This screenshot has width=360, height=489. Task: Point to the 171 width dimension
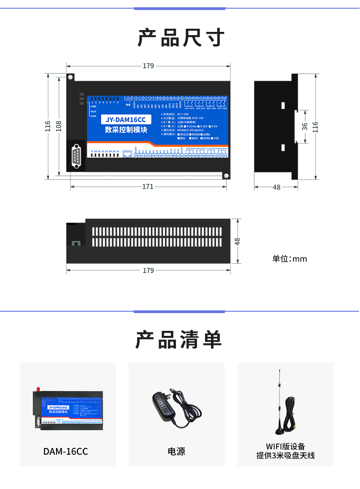pyautogui.click(x=148, y=186)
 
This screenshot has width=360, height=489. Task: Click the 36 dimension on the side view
pyautogui.click(x=304, y=126)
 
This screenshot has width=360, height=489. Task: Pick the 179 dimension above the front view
pyautogui.click(x=148, y=66)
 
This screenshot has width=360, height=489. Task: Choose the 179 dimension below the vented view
pyautogui.click(x=148, y=270)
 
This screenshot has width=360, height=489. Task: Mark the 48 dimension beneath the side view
pyautogui.click(x=277, y=187)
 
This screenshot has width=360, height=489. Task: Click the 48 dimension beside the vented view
pyautogui.click(x=237, y=241)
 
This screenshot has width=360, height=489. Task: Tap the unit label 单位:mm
pyautogui.click(x=289, y=259)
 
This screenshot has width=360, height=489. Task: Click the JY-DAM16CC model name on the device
pyautogui.click(x=125, y=119)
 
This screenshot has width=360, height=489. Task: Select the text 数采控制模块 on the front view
pyautogui.click(x=125, y=130)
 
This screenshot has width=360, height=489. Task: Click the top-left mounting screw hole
pyautogui.click(x=71, y=77)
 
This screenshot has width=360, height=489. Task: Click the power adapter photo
pyautogui.click(x=175, y=407)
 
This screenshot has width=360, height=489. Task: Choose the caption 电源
pyautogui.click(x=176, y=452)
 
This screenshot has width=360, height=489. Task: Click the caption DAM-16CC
pyautogui.click(x=66, y=452)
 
